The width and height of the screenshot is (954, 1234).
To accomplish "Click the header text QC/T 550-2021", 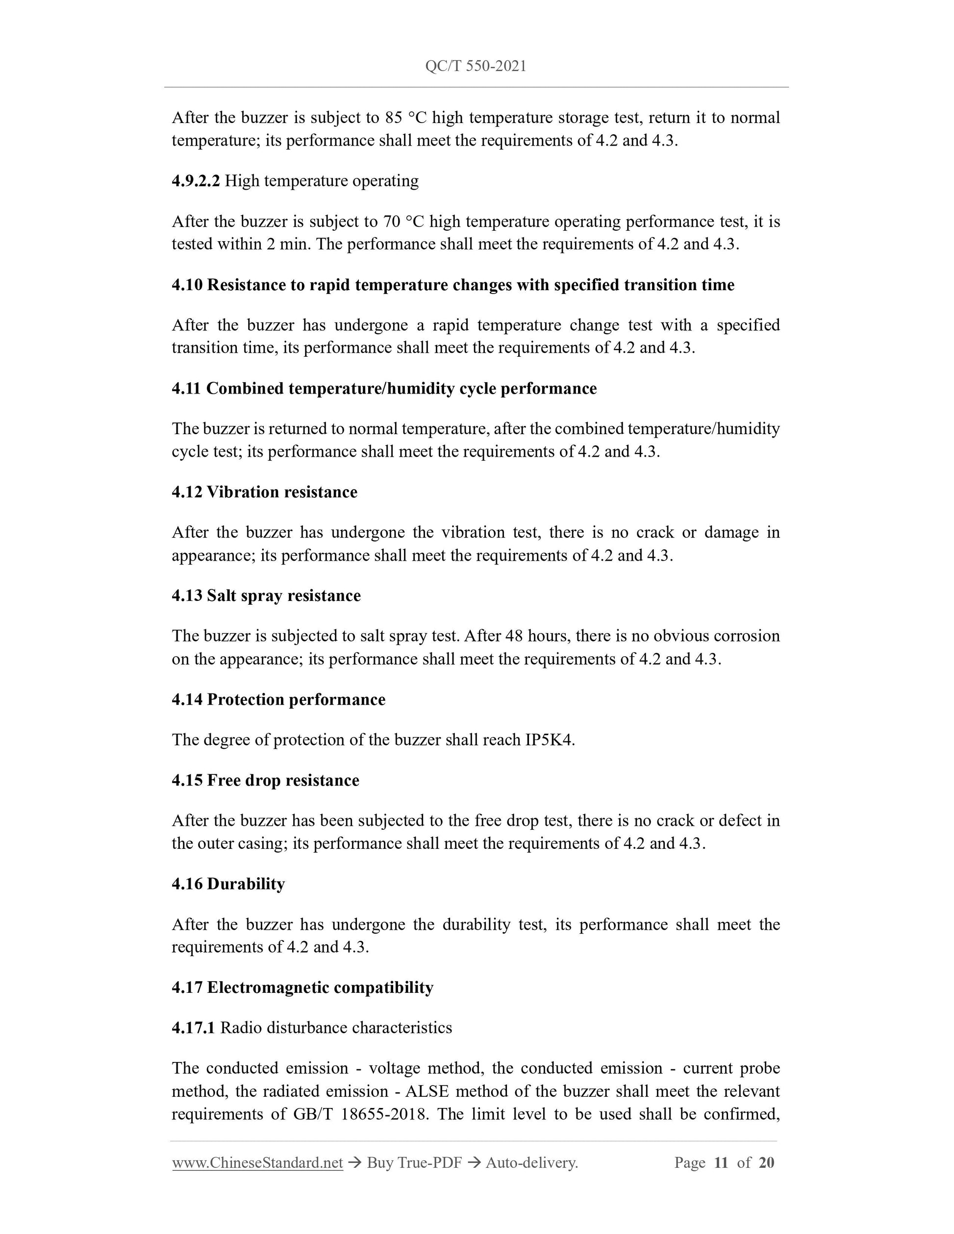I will tap(476, 67).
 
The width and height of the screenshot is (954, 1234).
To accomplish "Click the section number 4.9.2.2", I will tap(196, 181).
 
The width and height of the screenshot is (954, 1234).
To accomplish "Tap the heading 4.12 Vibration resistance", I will tap(265, 492).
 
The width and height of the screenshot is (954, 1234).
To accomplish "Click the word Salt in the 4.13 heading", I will tap(222, 595).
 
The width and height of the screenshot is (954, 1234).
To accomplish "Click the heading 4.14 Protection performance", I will tap(278, 699).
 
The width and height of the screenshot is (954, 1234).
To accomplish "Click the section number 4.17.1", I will tap(193, 1028).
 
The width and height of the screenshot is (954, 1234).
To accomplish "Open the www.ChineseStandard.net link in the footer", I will tap(258, 1163).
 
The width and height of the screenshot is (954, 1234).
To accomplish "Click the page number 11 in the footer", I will tap(721, 1163).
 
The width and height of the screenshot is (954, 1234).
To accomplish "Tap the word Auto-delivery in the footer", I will tap(531, 1163).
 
